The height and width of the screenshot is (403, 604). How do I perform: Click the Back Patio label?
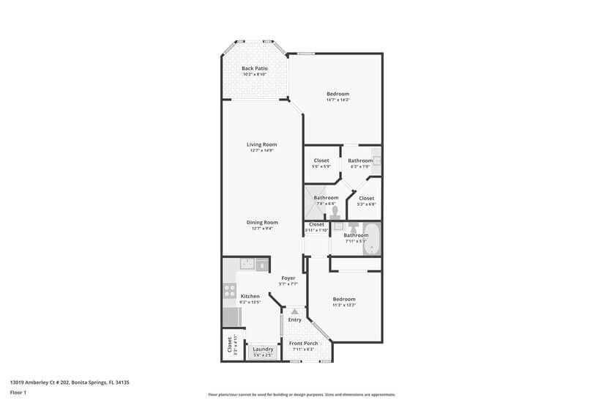point(254,68)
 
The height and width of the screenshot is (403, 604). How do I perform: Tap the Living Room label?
point(261,144)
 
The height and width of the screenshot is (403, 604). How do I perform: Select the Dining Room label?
point(261,222)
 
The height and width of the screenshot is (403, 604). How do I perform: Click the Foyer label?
point(288,278)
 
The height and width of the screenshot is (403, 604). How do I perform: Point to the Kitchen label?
point(250,296)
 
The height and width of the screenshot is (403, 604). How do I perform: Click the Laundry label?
point(263,350)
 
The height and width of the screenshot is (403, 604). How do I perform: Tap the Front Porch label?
point(303,344)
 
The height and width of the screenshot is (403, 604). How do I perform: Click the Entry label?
point(294,319)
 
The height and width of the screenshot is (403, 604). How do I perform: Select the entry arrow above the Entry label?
point(295,311)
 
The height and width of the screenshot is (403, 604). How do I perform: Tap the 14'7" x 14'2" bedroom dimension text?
point(338,100)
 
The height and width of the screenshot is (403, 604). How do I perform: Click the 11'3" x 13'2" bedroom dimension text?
point(343,305)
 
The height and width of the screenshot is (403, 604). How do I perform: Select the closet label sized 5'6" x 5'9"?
point(321,160)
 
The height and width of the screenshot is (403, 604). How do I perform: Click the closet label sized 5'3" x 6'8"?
point(366,198)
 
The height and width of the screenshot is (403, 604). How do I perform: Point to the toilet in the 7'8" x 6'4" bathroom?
point(334,212)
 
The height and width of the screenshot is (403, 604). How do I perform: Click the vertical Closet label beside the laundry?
point(229,345)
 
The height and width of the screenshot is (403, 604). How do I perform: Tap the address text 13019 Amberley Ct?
point(74,382)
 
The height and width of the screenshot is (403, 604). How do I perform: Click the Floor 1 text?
point(18,392)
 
